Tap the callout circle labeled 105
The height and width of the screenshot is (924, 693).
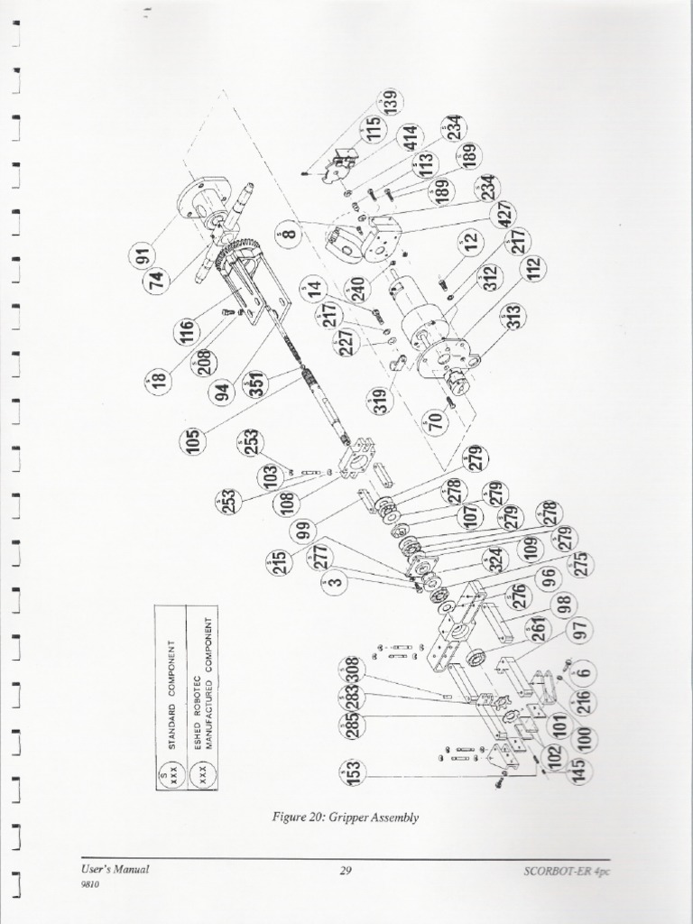click(x=192, y=439)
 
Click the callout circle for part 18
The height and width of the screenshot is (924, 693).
click(x=160, y=382)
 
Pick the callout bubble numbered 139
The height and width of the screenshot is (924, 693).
click(x=390, y=101)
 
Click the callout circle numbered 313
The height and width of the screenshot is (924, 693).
click(x=514, y=317)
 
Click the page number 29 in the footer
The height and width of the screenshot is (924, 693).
click(x=346, y=870)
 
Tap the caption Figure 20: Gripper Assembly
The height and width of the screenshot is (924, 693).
click(x=346, y=818)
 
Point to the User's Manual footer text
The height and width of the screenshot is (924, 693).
click(x=115, y=869)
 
